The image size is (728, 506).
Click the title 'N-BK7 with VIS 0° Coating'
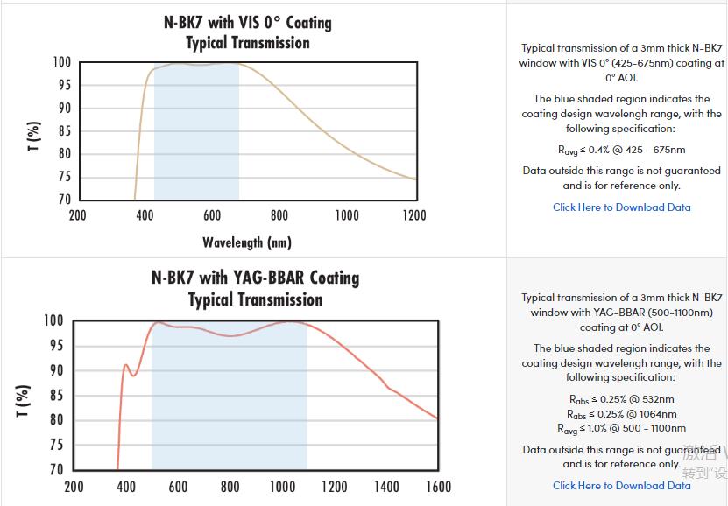click(x=248, y=22)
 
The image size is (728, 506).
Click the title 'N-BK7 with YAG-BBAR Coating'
click(x=255, y=278)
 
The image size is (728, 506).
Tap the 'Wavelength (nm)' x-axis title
click(x=247, y=242)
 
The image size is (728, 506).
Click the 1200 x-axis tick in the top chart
click(x=413, y=215)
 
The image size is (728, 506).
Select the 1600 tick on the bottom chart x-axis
click(x=438, y=487)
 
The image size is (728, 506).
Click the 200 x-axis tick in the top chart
click(x=77, y=215)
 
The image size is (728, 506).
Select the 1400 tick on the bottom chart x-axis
click(x=386, y=487)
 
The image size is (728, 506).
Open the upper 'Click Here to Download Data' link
click(x=621, y=207)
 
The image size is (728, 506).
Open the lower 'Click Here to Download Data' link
click(x=621, y=485)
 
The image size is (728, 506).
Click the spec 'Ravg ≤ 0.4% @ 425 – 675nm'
click(x=621, y=150)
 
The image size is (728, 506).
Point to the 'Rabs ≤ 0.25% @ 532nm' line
click(x=621, y=399)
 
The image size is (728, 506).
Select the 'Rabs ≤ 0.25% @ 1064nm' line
click(x=621, y=414)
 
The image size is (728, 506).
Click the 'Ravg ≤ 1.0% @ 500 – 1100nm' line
click(x=621, y=429)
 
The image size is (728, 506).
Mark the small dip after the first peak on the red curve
click(x=133, y=376)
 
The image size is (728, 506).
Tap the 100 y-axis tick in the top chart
click(x=61, y=62)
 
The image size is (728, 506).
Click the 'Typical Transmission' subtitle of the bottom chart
click(x=255, y=299)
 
